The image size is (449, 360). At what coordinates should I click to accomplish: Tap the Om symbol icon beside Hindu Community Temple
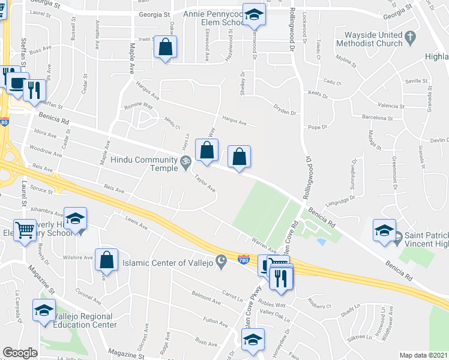pos(185,160)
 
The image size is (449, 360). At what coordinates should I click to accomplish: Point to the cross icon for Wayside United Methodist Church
pos(410,38)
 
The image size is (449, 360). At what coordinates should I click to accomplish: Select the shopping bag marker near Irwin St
pos(165,47)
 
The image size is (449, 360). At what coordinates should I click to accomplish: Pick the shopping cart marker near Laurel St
pos(25,229)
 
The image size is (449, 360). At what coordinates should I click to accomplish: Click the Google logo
pos(20,353)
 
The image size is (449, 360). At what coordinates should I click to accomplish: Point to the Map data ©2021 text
pos(423,355)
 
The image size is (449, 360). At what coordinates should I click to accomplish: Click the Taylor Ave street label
pos(205,183)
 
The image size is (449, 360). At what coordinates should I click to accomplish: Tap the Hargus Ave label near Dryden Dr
pos(234,122)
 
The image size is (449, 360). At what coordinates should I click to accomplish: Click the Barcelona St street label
pos(377,118)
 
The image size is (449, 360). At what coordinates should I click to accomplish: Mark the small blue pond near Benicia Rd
pos(322,242)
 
